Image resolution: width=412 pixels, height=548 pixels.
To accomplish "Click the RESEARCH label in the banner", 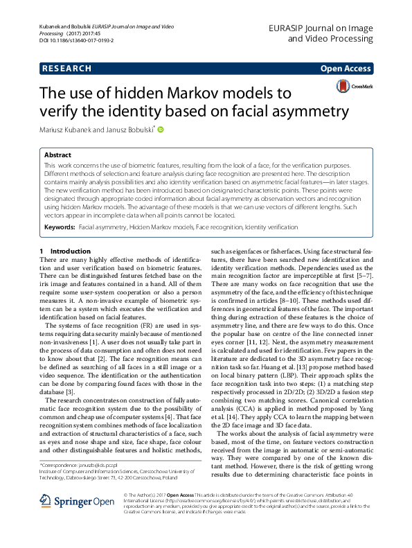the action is click(66, 69).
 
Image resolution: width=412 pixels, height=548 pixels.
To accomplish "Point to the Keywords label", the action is click(60, 227).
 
